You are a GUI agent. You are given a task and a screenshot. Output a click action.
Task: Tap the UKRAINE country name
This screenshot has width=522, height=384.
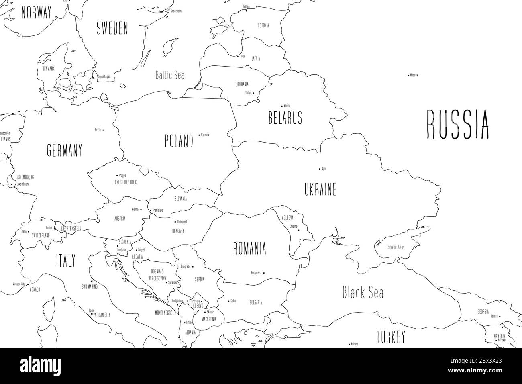coord(320,189)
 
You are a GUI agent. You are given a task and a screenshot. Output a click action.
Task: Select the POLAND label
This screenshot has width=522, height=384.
coord(179,141)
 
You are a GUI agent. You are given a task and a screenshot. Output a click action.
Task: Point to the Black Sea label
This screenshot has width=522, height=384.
coord(363,293)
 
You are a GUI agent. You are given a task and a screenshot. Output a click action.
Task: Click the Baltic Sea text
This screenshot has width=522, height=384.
coord(170,75)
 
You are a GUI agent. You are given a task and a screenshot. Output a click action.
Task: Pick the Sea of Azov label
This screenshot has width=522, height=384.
coord(396,247)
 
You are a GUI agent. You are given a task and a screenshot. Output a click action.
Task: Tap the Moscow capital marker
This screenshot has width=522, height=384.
coord(409,75)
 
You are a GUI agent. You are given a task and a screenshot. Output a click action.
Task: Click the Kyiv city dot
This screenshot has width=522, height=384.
coord(320,169)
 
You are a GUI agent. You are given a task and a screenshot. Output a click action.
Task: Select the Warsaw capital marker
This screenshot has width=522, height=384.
coord(200,135)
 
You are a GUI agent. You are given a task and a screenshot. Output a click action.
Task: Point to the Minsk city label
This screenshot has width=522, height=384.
coord(286,106)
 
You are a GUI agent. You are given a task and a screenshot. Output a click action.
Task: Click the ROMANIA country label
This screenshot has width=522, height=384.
coord(249,249)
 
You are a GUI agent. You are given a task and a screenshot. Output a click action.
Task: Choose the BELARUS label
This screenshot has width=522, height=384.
coord(285,118)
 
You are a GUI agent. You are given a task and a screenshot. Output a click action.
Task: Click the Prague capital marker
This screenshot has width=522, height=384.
coord(117,176)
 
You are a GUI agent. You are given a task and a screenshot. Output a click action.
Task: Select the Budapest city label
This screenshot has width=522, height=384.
coord(182,221)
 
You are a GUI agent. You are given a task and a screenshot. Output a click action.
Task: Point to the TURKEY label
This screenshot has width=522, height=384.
coord(390,337)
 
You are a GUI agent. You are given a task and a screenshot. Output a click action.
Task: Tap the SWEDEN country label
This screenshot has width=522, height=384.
coord(112,29)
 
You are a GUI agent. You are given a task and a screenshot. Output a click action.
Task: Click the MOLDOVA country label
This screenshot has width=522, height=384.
coord(287,218)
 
